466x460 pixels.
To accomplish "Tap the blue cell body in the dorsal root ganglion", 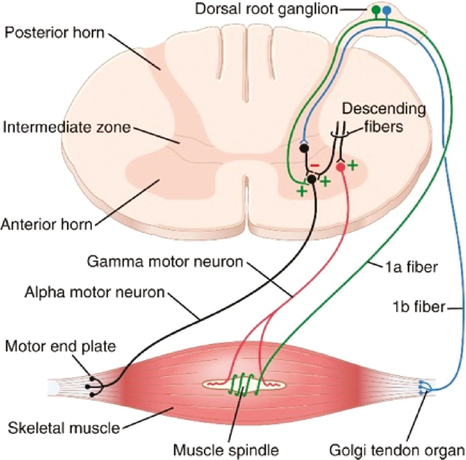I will click(387, 9).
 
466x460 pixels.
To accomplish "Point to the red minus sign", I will click(313, 165).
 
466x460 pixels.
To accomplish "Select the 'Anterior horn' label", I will click(46, 225).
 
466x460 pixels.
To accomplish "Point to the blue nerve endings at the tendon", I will click(423, 387).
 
